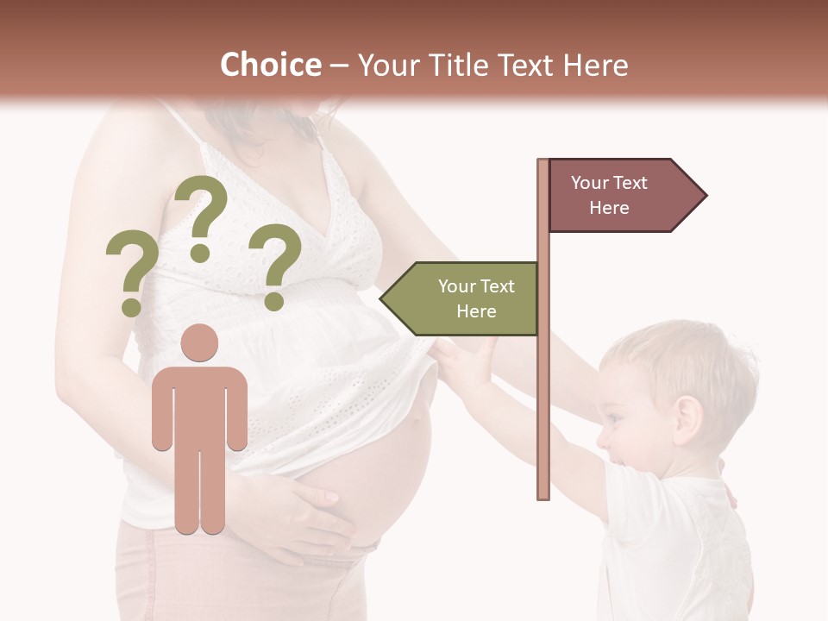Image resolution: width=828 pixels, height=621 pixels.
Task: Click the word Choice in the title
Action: tap(270, 65)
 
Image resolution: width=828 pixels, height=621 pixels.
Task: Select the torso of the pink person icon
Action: tap(199, 405)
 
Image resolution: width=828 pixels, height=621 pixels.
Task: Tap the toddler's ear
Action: tap(687, 418)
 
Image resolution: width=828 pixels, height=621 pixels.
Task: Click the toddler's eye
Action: tap(613, 417)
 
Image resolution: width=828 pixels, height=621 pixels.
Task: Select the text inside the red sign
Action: tap(609, 195)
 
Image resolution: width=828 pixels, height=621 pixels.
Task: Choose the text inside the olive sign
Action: tap(476, 298)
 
